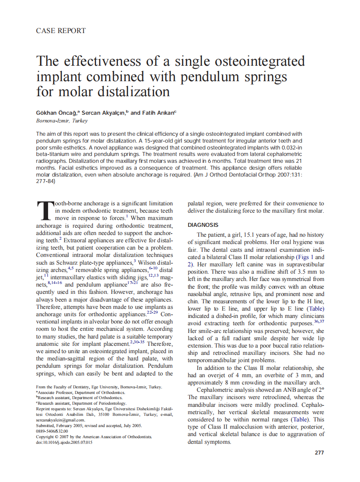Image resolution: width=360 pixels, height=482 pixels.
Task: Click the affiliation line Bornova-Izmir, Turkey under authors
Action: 62,121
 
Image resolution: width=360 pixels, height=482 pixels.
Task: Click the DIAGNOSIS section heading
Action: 203,225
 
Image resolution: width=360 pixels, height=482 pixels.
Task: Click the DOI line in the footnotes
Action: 64,442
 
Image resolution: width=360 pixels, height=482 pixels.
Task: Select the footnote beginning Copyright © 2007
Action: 94,436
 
